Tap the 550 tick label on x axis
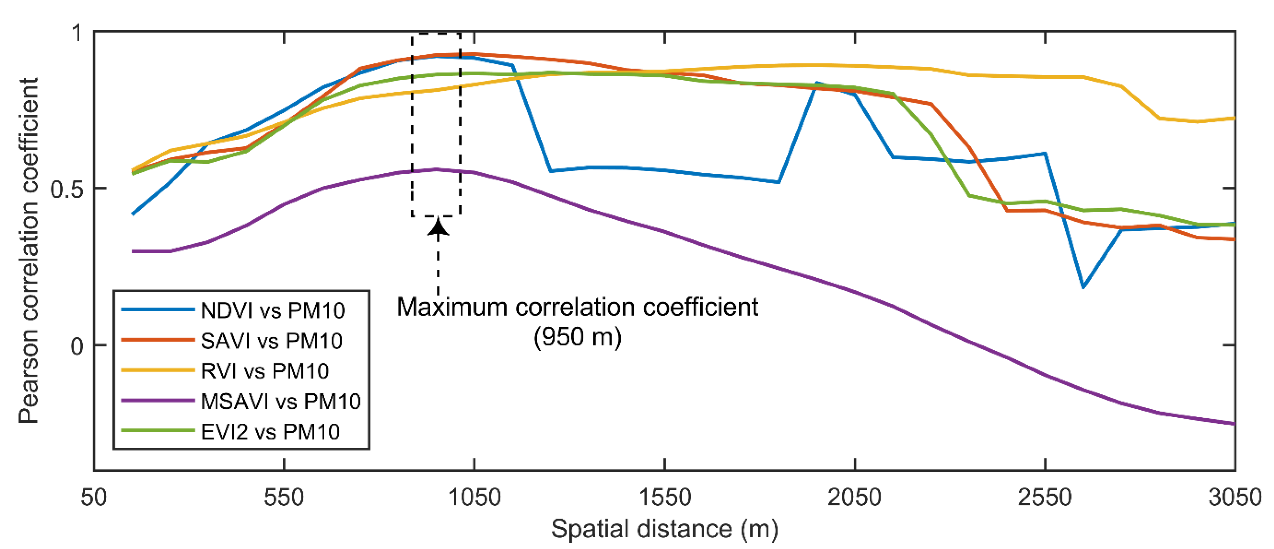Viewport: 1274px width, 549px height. (x=283, y=497)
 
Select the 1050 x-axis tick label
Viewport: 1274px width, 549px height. (x=474, y=497)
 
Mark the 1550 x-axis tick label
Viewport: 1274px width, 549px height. (x=664, y=497)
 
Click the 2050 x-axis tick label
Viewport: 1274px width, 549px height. (x=855, y=497)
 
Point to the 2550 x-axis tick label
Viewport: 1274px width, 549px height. (x=1045, y=497)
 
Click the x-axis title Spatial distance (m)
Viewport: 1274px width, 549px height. (x=664, y=529)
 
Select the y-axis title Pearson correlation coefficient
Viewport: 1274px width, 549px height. (x=28, y=250)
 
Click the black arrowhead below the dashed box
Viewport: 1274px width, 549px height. (x=438, y=228)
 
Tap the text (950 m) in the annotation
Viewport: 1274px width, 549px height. (x=577, y=337)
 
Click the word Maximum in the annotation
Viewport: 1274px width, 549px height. (x=452, y=307)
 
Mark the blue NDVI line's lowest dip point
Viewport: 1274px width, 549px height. (x=1083, y=287)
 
